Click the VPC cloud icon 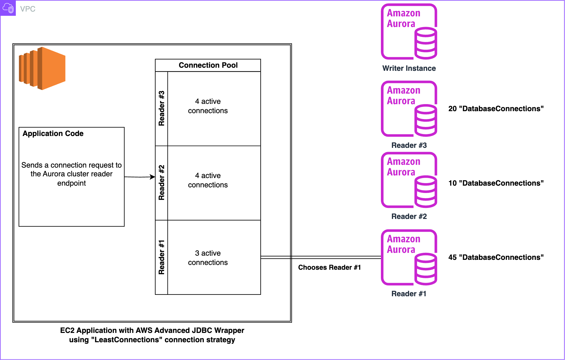coord(8,8)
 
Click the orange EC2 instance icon coord(42,68)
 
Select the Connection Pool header coord(208,65)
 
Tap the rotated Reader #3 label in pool coord(162,108)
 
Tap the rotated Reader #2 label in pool coord(162,183)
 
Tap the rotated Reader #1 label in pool coord(162,257)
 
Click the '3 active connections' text coord(208,258)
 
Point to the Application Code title coord(53,133)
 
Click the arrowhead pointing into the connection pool coord(153,177)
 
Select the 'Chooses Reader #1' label coord(330,267)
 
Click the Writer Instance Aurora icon coord(409,32)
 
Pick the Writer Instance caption coord(409,68)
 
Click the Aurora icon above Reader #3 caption coord(409,109)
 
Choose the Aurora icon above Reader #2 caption coord(409,180)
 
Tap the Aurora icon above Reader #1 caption coord(409,257)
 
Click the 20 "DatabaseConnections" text coord(496,109)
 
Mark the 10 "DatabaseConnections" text coord(496,183)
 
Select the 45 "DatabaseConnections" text coord(496,257)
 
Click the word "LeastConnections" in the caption coord(127,340)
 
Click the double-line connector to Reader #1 coord(320,257)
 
